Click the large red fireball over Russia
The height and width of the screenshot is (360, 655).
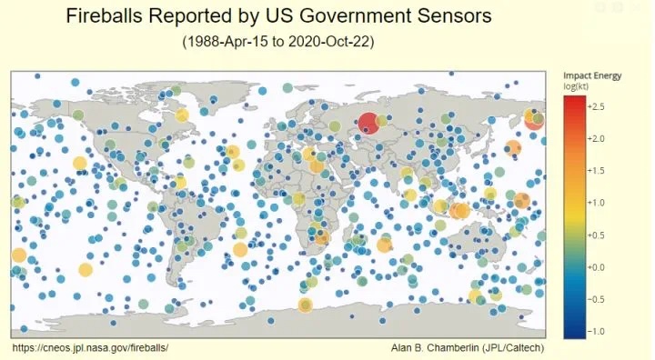pos(368,124)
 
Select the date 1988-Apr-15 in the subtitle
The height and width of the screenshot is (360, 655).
pos(226,42)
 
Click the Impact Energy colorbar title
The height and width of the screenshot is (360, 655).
pos(592,76)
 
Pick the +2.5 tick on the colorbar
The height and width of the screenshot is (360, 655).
pos(596,107)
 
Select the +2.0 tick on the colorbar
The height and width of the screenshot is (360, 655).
pos(596,139)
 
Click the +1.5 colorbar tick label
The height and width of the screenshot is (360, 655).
pos(596,171)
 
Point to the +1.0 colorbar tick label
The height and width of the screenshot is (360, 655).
pos(596,203)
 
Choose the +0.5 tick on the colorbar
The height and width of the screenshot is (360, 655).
pos(596,235)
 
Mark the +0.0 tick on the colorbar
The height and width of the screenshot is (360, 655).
pos(596,267)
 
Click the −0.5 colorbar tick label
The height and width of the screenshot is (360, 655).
pos(596,299)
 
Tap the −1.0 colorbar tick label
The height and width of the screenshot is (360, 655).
pos(596,332)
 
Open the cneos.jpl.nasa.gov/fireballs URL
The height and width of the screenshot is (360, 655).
pos(91,347)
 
